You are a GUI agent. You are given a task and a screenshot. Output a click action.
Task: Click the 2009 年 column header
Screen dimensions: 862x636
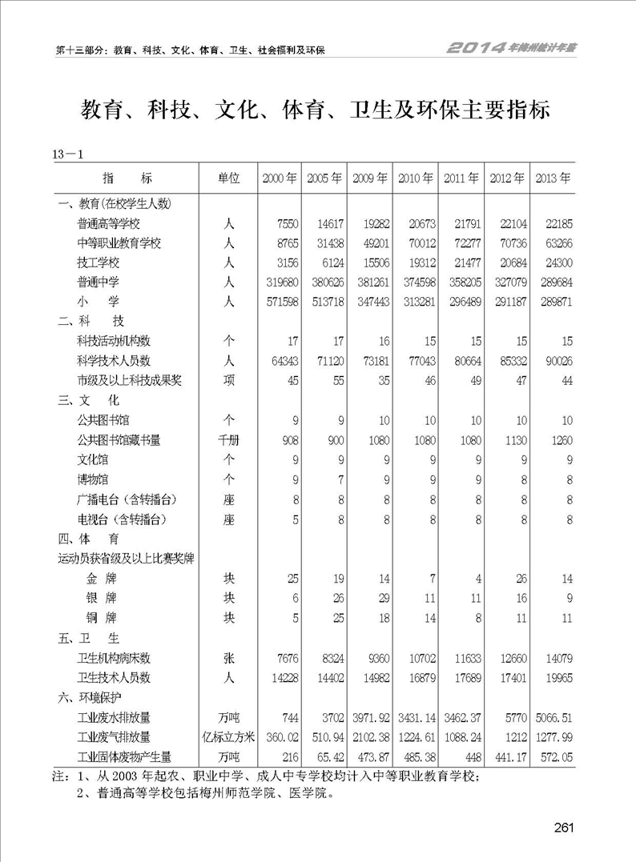point(371,178)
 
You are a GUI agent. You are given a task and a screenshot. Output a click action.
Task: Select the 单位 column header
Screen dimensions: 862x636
point(229,178)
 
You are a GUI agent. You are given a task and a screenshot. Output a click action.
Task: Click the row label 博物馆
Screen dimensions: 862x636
point(92,479)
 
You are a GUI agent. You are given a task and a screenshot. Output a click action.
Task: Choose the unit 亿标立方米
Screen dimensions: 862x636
point(229,736)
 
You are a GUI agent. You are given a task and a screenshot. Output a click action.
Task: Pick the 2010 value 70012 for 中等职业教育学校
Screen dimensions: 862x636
point(419,243)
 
